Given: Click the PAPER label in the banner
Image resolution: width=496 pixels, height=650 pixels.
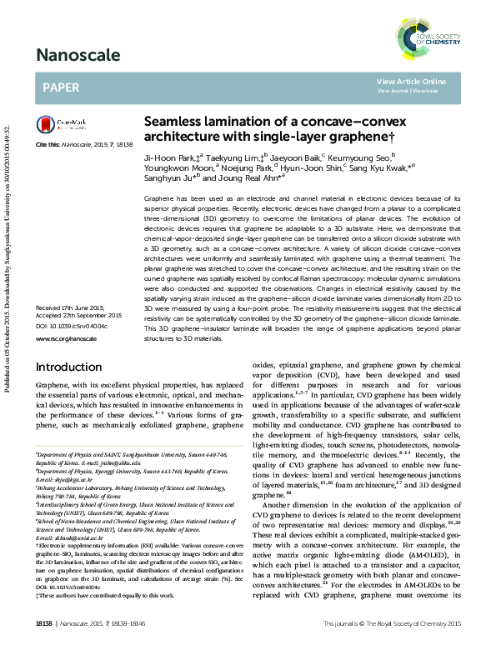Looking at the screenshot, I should pos(61,86).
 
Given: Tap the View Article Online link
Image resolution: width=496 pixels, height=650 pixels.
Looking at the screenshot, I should pos(411,81).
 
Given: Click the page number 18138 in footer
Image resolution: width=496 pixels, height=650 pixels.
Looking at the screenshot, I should pos(45,622).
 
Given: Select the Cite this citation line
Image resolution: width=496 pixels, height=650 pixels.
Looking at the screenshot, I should pos(84,145).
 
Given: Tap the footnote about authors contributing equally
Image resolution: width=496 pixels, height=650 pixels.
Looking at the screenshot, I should pos(103,596).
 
